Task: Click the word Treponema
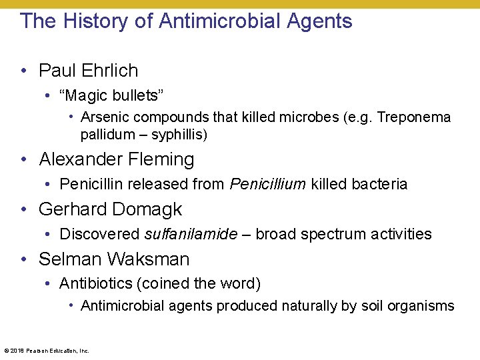[413, 118]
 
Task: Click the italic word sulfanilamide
[191, 235]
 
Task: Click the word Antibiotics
[96, 284]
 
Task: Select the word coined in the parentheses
[163, 284]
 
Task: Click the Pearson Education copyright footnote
[47, 350]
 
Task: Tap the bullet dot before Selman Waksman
[24, 260]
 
